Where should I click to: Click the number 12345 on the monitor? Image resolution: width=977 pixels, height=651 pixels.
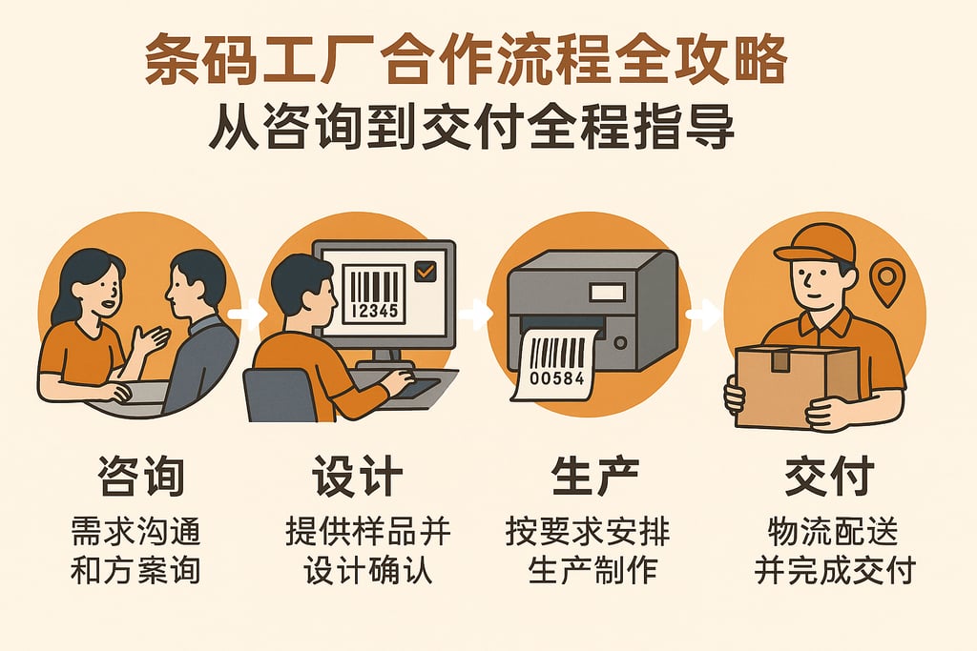tap(373, 311)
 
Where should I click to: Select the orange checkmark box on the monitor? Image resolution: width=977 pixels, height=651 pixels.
tap(425, 272)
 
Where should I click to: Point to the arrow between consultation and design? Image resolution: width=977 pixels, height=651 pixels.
tap(248, 315)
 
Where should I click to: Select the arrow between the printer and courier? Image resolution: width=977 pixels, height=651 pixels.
tap(703, 314)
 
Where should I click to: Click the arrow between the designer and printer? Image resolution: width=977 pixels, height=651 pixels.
tap(474, 314)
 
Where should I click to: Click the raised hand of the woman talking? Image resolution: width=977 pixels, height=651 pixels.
tap(151, 338)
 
